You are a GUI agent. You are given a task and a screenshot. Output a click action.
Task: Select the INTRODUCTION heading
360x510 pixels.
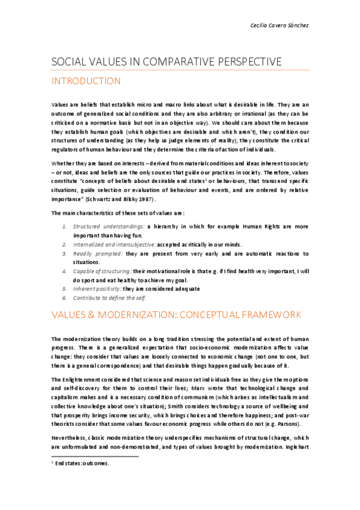[87, 81]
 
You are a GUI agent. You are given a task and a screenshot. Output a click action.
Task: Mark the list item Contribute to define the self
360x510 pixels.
[109, 298]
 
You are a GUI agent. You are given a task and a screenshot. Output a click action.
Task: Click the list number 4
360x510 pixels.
[65, 272]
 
